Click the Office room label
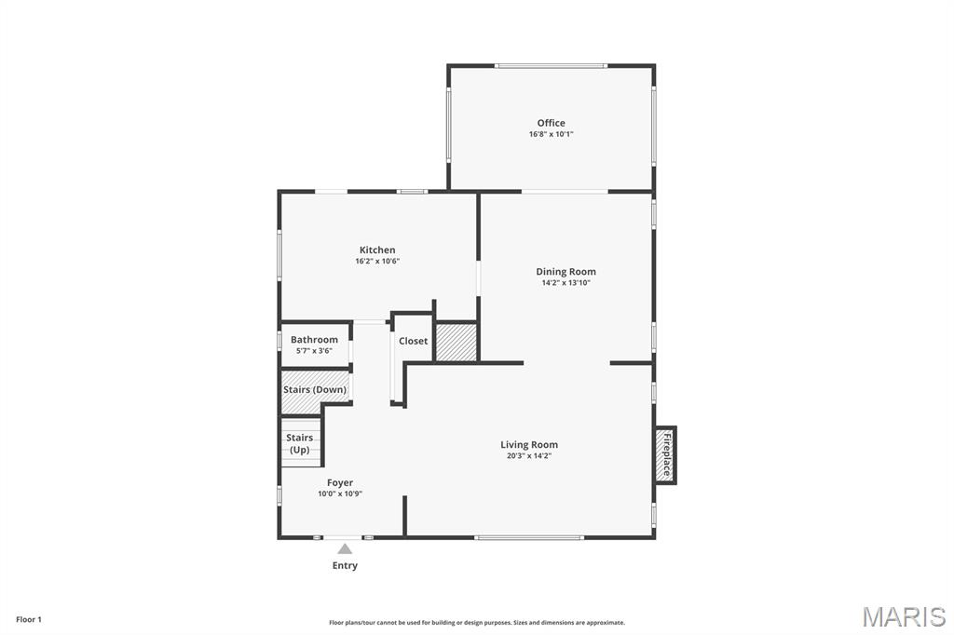pyautogui.click(x=551, y=123)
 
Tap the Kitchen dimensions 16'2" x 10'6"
pyautogui.click(x=377, y=261)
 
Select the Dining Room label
pyautogui.click(x=566, y=272)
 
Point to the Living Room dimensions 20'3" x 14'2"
pyautogui.click(x=529, y=455)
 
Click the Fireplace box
pyautogui.click(x=665, y=455)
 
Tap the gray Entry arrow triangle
pyautogui.click(x=345, y=548)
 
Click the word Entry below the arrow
pyautogui.click(x=345, y=566)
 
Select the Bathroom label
pyautogui.click(x=314, y=340)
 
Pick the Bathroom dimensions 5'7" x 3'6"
pyautogui.click(x=314, y=351)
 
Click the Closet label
pyautogui.click(x=413, y=341)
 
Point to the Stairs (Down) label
pyautogui.click(x=315, y=389)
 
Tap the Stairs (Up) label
pyautogui.click(x=299, y=443)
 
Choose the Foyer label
pyautogui.click(x=339, y=483)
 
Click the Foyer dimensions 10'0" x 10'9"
pyautogui.click(x=339, y=493)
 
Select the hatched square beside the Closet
pyautogui.click(x=457, y=342)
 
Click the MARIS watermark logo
pyautogui.click(x=904, y=616)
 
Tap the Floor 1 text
pyautogui.click(x=29, y=620)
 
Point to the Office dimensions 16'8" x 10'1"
pyautogui.click(x=551, y=134)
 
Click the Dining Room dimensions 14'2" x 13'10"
pyautogui.click(x=566, y=283)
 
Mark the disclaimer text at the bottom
pyautogui.click(x=477, y=623)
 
